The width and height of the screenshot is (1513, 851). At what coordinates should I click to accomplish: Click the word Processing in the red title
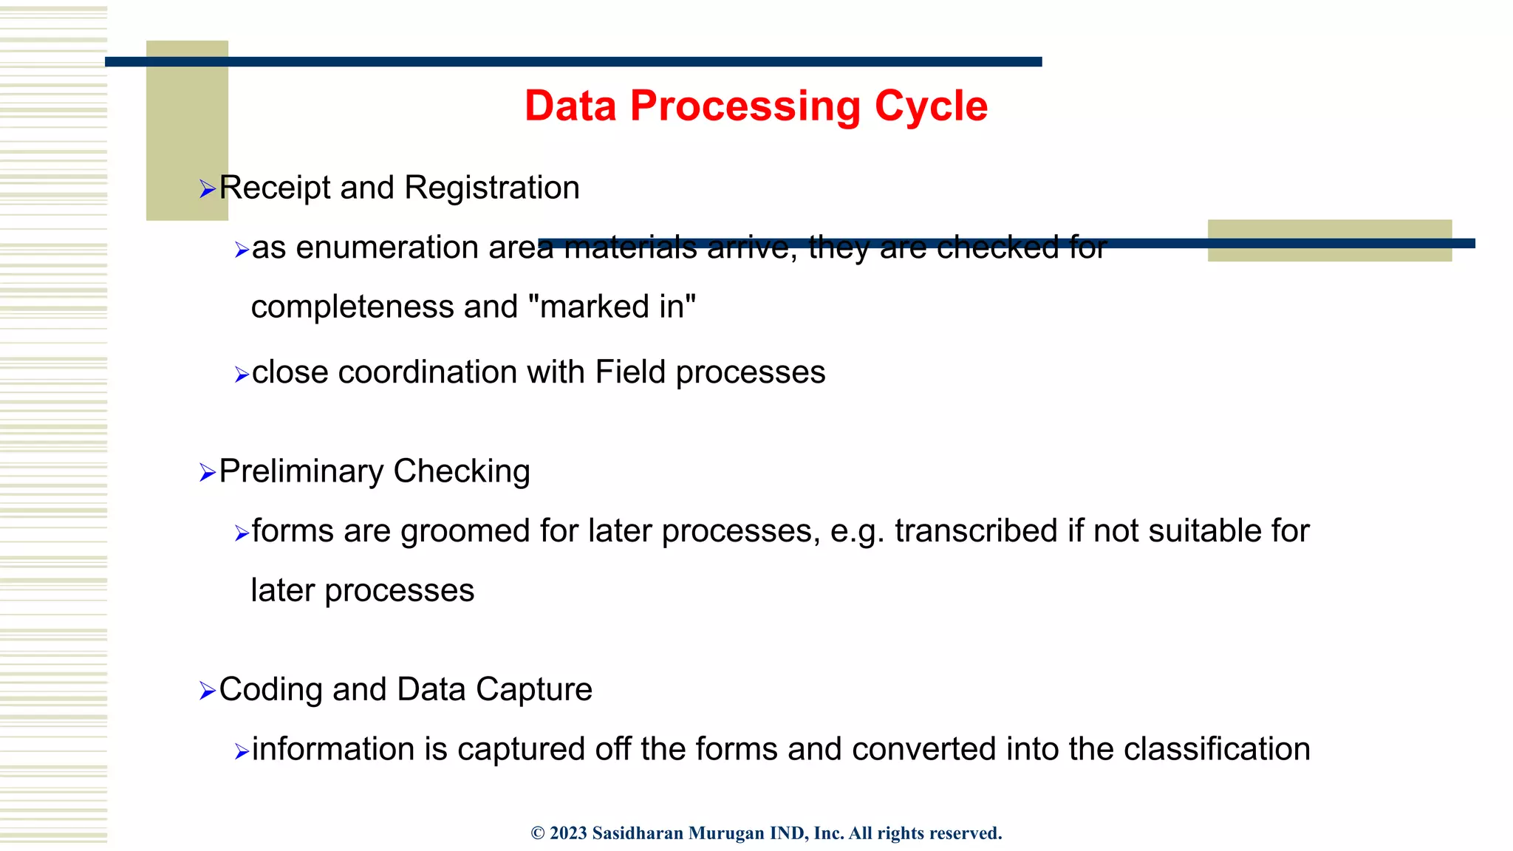pos(745,106)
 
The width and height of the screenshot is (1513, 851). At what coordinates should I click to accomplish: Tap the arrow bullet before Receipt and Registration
pos(207,189)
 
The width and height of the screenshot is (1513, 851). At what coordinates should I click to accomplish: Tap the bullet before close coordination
pos(242,375)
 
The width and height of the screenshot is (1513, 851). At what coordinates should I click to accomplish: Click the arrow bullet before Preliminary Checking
pos(207,473)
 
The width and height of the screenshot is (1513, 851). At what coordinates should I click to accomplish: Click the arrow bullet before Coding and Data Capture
pos(207,691)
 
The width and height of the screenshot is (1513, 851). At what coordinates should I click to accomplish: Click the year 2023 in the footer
pos(568,833)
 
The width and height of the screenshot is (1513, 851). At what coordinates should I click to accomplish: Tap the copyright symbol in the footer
pos(538,833)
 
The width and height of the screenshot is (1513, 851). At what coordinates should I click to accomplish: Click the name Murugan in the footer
pos(726,833)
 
